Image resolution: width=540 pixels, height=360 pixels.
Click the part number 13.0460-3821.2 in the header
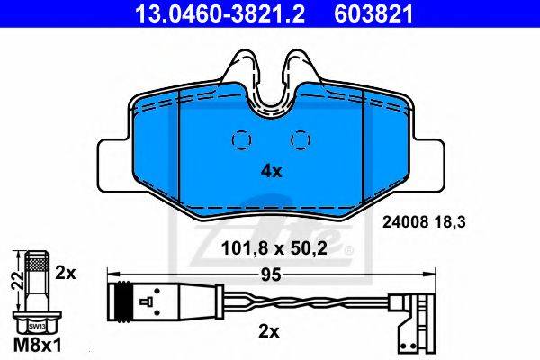click(220, 13)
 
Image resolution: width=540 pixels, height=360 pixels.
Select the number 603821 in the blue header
click(373, 13)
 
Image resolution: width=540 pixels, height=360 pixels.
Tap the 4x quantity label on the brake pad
click(272, 171)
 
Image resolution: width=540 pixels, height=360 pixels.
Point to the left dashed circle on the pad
click(242, 140)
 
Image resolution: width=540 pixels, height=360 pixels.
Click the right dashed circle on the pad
click(301, 140)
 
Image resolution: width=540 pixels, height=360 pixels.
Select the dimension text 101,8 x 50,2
click(274, 248)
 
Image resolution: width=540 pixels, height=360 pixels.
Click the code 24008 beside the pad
click(406, 222)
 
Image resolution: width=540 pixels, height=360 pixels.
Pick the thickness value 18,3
click(450, 222)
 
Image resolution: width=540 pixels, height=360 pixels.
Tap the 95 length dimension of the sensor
click(271, 274)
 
